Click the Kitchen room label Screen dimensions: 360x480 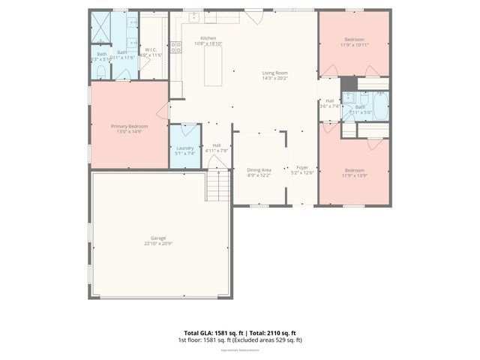coord(208,38)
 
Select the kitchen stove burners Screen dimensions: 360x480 coord(176,47)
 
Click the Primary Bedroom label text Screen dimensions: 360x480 coord(129,126)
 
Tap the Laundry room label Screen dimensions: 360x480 coord(185,148)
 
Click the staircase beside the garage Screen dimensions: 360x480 coord(217,185)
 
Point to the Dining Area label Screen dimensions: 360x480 coord(259,169)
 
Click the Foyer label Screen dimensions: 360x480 coord(302,167)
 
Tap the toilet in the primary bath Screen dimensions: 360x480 coord(101,72)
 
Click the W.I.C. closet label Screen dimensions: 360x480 coord(151,49)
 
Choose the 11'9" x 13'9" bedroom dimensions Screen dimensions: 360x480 coord(354,175)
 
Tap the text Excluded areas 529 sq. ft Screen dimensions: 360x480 coord(269,340)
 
